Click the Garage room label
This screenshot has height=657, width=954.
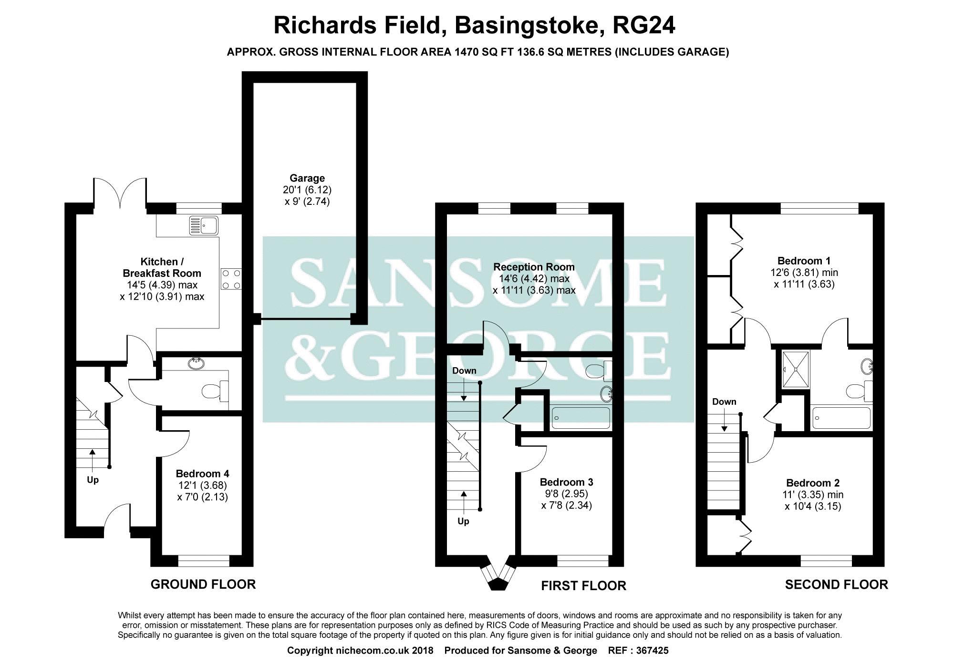[x=307, y=179]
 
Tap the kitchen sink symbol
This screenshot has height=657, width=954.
[x=204, y=225]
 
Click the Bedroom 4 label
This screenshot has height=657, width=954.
[x=202, y=474]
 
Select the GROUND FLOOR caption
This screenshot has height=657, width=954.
[x=203, y=584]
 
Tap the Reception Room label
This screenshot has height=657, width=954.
[x=534, y=267]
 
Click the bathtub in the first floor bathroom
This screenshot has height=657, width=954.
[x=581, y=418]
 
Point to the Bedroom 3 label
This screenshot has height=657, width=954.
[x=566, y=482]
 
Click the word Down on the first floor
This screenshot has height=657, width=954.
[x=464, y=371]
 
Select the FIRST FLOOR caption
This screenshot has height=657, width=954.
[x=583, y=585]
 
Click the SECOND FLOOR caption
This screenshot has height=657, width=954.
[x=836, y=584]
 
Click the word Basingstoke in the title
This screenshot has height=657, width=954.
[x=526, y=26]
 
